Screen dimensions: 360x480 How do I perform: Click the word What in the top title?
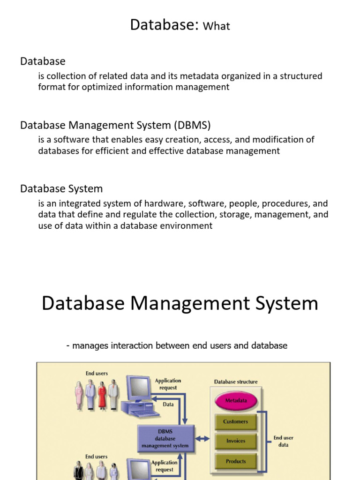(217, 26)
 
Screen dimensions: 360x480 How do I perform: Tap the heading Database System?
(61, 189)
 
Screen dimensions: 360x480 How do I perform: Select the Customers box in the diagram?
(236, 421)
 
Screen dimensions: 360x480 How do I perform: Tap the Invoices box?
(236, 441)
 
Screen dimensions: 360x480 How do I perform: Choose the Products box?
(236, 461)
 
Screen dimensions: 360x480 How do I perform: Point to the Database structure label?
(236, 382)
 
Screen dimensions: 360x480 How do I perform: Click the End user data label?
(283, 441)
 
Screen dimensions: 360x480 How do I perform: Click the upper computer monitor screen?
(137, 388)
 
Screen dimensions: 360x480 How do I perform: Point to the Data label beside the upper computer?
(168, 404)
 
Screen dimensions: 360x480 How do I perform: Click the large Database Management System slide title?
(180, 303)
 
